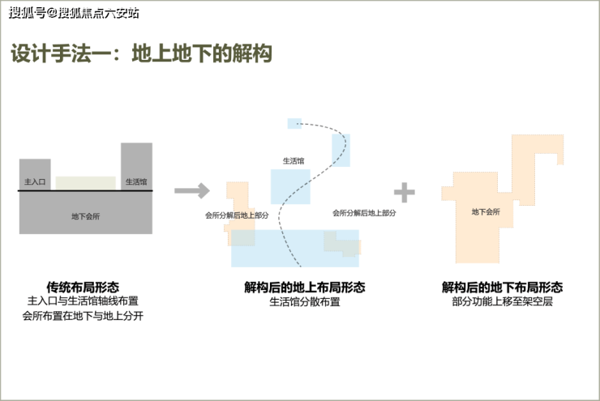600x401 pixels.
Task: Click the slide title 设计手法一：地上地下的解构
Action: [x=141, y=54]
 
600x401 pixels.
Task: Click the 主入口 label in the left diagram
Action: [x=34, y=182]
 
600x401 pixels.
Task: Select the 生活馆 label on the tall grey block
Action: [x=136, y=182]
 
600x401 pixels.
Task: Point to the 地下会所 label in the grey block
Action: [x=85, y=215]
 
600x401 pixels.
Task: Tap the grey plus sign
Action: [x=404, y=192]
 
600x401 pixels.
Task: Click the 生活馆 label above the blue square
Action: [x=294, y=161]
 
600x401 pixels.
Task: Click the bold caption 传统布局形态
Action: [x=83, y=287]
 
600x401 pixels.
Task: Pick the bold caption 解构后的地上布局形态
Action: [x=304, y=287]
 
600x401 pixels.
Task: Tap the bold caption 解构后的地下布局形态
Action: [x=502, y=287]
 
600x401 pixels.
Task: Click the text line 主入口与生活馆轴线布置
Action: [x=83, y=301]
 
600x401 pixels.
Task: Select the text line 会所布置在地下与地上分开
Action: [x=83, y=316]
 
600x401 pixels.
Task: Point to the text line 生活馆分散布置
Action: [x=304, y=301]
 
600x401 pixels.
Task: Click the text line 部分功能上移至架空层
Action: [x=502, y=301]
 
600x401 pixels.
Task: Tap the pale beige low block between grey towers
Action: [x=85, y=183]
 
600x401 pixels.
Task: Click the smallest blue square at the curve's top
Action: [x=294, y=123]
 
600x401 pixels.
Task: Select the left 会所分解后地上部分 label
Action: [x=237, y=215]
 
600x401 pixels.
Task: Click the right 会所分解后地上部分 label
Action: [x=364, y=212]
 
